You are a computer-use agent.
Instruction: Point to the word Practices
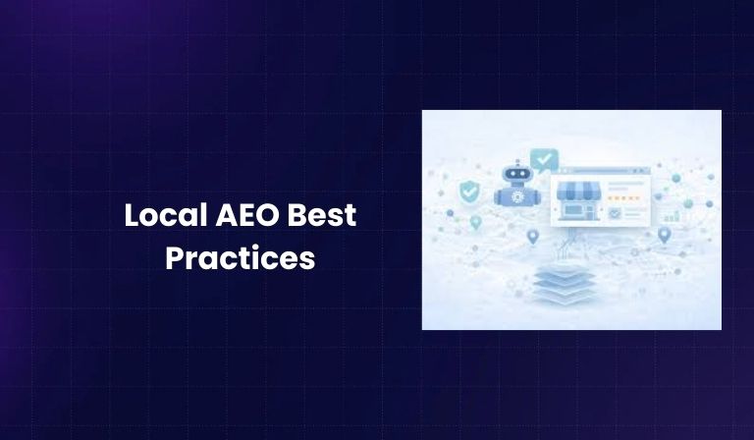click(x=240, y=257)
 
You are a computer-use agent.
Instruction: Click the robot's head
click(x=514, y=174)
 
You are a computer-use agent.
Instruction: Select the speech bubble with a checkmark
click(x=543, y=159)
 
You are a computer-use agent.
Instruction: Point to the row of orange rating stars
click(x=622, y=210)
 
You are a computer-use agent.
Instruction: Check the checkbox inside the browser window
click(x=615, y=211)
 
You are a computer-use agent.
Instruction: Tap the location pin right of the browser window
click(x=664, y=235)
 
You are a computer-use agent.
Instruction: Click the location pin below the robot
click(x=533, y=237)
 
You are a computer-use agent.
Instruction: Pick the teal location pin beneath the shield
click(x=476, y=222)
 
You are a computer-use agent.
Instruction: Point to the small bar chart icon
click(x=673, y=214)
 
